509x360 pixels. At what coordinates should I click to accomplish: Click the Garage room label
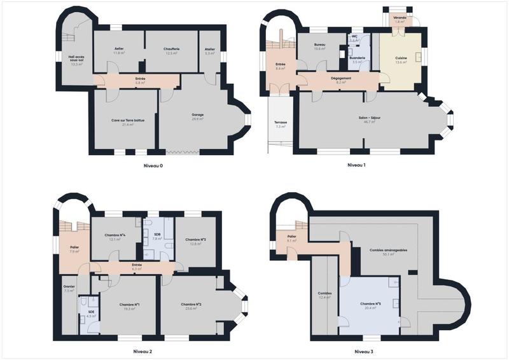198,115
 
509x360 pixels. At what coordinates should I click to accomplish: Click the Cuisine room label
401,59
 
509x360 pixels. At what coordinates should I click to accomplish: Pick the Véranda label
400,18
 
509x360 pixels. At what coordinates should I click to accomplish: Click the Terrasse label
281,123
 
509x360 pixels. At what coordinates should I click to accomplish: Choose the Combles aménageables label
389,250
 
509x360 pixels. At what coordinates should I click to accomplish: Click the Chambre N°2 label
192,305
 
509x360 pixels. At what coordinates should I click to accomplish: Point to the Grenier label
69,287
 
